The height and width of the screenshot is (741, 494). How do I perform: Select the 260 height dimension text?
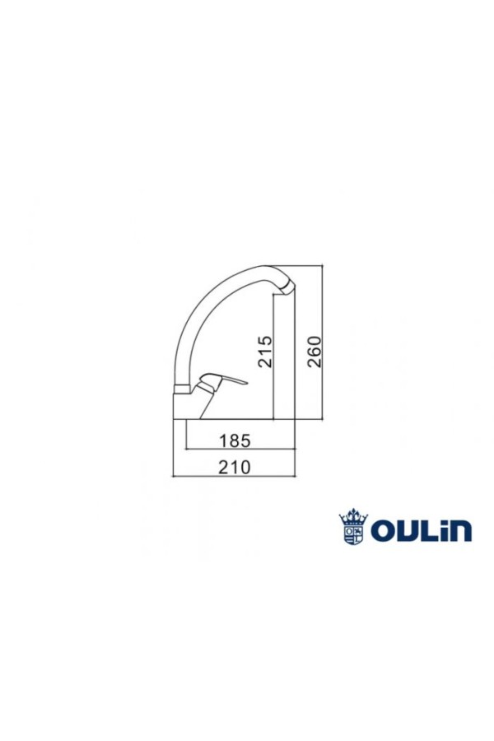(x=314, y=352)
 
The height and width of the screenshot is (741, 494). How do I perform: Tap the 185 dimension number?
(x=235, y=440)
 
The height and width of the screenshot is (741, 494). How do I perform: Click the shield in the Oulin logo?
(x=353, y=532)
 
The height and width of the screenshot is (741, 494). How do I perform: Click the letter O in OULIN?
(x=384, y=531)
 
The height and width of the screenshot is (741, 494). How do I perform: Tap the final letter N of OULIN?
(x=461, y=532)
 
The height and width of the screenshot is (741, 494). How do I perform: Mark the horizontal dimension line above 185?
(x=239, y=450)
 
